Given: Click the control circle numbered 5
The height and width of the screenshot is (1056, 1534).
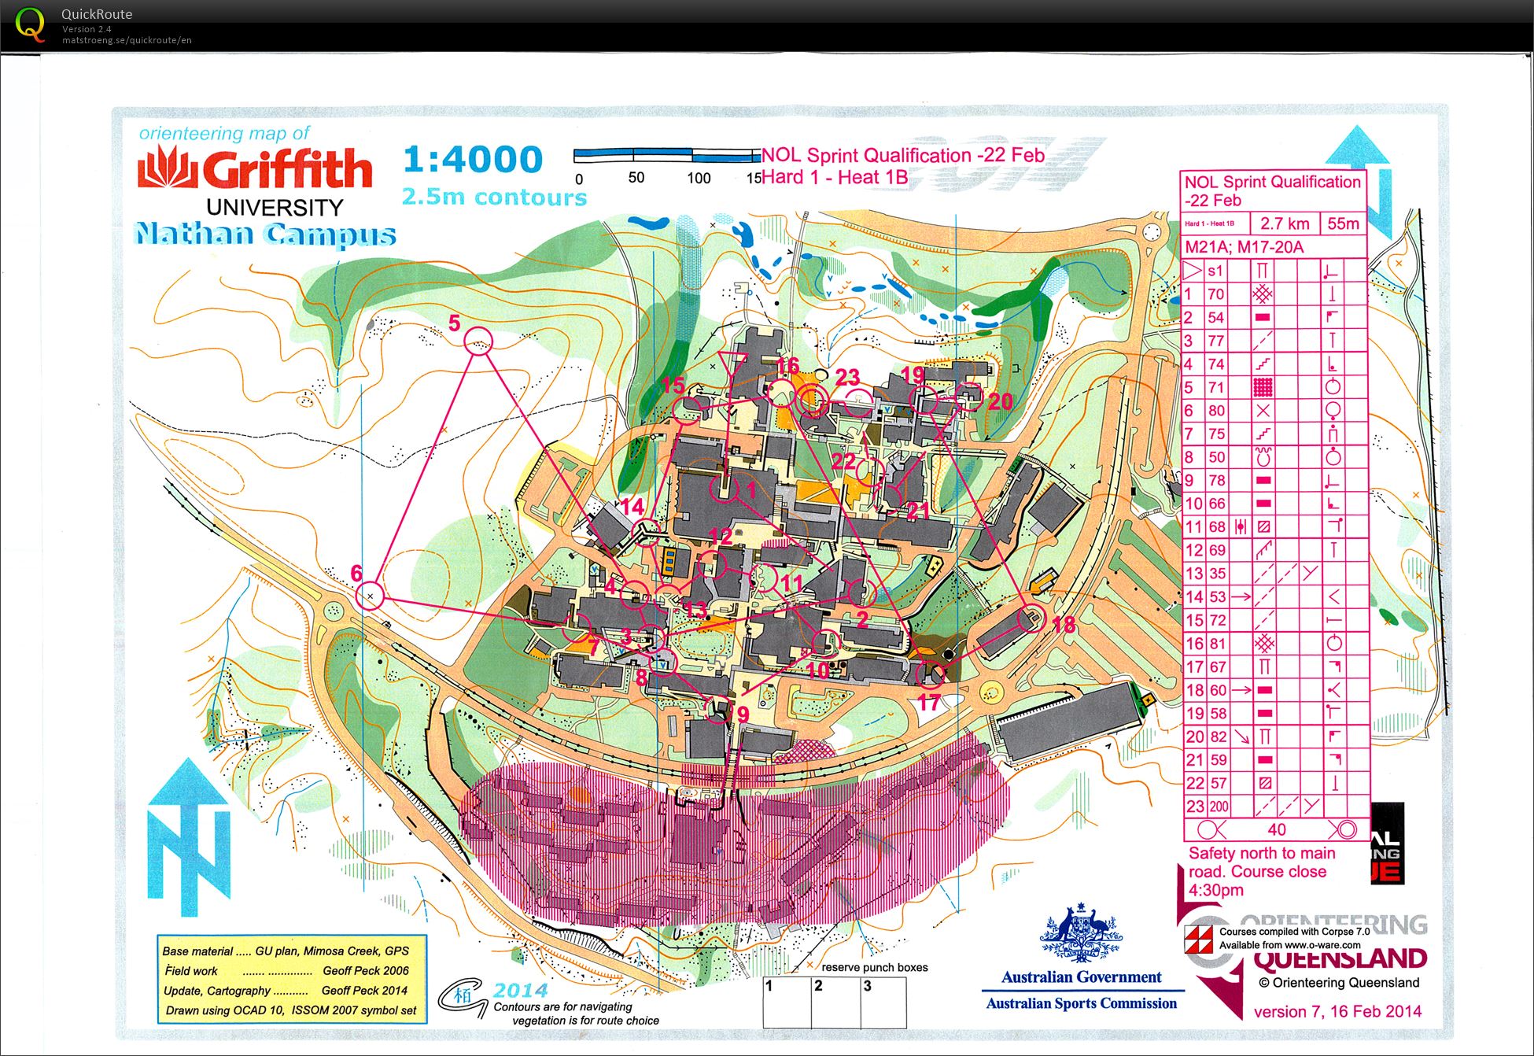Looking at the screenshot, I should point(478,342).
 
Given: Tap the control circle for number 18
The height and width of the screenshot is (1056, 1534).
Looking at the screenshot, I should point(1031,618).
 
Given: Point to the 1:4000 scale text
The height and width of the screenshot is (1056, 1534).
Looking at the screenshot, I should point(473,160).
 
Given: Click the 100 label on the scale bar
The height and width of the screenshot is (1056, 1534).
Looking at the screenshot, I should point(699,179).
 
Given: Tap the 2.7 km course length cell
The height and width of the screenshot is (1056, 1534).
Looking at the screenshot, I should point(1285,223).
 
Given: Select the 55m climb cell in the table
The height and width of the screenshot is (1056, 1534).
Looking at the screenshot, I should point(1343,223).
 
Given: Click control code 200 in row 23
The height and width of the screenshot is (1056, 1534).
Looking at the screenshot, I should point(1219,807).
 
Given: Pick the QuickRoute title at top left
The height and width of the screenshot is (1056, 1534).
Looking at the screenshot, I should point(97,14).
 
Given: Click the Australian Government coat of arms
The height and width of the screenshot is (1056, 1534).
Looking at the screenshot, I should point(1081,936).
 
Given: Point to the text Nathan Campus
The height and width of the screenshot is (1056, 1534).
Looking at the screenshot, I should point(265,234).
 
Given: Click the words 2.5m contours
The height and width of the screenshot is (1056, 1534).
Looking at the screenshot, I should point(494,197).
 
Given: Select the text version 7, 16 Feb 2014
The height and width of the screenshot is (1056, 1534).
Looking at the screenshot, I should point(1337,1012).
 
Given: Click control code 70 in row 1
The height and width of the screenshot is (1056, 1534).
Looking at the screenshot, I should point(1216,294).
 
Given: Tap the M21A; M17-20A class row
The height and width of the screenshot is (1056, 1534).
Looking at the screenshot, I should point(1244,247).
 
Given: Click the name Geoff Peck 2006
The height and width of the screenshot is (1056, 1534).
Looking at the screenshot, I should point(365,971).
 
